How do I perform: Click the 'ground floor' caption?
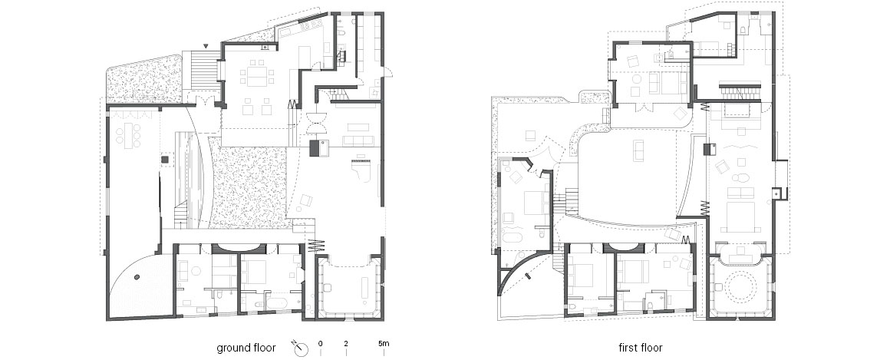click(246, 348)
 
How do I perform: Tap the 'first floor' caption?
click(640, 348)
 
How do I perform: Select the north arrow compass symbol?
click(301, 348)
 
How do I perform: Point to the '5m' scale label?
click(384, 344)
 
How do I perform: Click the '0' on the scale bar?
click(321, 344)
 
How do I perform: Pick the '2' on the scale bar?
click(346, 344)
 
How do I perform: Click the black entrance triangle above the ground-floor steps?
click(206, 45)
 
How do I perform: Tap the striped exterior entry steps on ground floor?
click(204, 69)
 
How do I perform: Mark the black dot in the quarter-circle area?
click(137, 277)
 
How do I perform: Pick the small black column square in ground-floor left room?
click(164, 160)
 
